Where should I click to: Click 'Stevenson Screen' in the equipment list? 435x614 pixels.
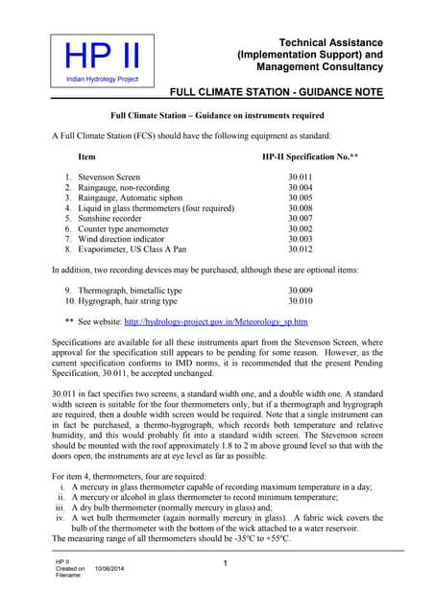[109, 177]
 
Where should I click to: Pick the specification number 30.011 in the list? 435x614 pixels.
[301, 177]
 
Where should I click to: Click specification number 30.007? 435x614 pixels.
[301, 219]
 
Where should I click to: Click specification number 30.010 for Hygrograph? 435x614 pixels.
[301, 300]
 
